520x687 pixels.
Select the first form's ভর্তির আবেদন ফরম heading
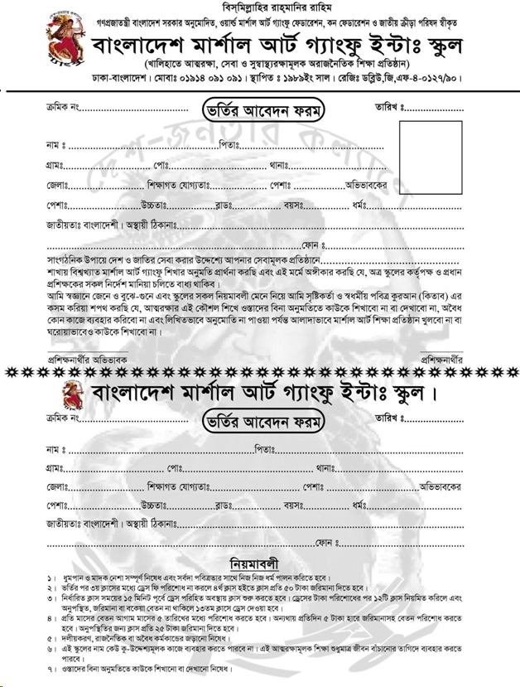(x=264, y=109)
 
